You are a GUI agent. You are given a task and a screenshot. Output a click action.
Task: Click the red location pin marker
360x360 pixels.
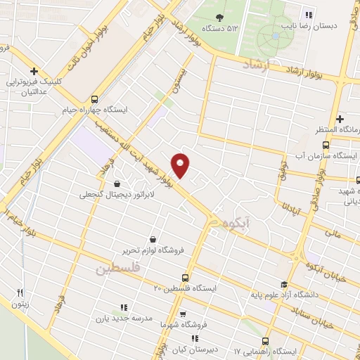[181, 165]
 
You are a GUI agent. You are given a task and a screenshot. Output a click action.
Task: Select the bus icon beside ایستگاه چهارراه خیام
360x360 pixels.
[96, 99]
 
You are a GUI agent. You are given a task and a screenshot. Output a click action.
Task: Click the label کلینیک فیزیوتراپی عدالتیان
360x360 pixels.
[36, 86]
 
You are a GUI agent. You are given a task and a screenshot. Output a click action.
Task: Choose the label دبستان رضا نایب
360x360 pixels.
[330, 26]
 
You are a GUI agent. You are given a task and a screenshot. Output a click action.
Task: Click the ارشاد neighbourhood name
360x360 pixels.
[256, 65]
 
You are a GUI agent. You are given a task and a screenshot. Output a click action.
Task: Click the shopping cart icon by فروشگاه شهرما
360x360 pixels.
[182, 314]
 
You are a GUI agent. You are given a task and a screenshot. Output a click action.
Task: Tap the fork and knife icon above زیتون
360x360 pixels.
[21, 293]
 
